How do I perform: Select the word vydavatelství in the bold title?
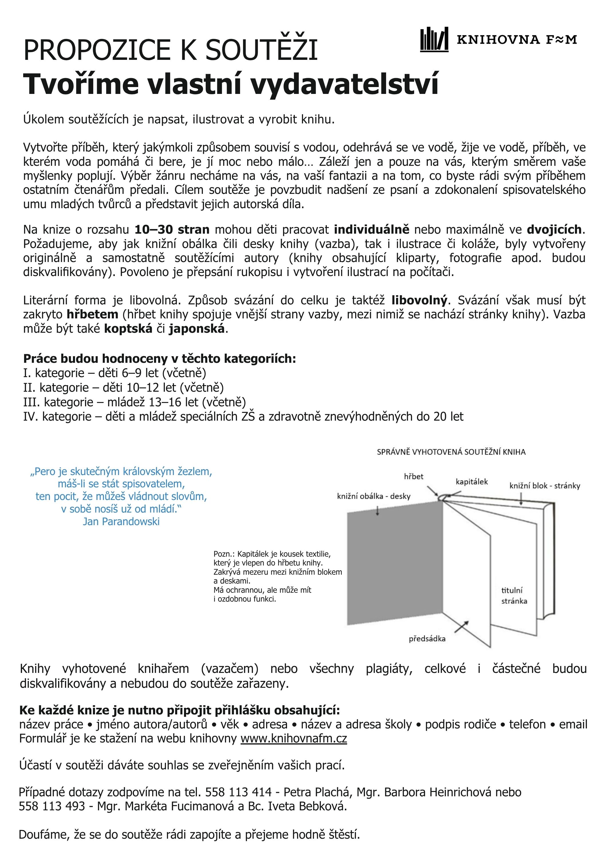344,84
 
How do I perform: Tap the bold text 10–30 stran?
172,229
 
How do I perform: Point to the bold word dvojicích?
554,229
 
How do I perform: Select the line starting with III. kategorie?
135,402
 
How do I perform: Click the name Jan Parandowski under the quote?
121,521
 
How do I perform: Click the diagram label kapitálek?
472,482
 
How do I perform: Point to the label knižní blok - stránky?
545,486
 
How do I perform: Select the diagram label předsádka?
427,639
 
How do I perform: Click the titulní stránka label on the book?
514,595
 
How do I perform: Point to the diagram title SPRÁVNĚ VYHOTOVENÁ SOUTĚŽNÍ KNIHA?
451,452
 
